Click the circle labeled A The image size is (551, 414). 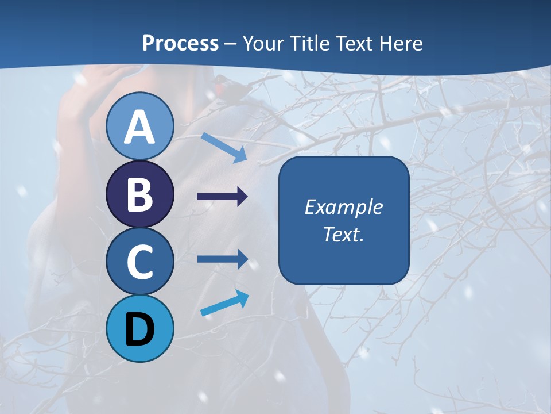(x=140, y=126)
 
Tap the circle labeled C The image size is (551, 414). (x=140, y=261)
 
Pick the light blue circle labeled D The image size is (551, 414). (x=140, y=328)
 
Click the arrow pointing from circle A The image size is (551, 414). (x=224, y=147)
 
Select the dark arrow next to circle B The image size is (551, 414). (x=222, y=197)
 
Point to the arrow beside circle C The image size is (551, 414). (x=222, y=259)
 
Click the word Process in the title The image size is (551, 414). (x=180, y=43)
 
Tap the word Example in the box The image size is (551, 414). (x=343, y=207)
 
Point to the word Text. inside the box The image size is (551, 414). (x=343, y=234)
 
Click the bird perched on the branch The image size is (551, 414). (x=227, y=85)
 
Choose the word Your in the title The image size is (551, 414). (x=263, y=43)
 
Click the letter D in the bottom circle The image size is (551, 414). (x=140, y=329)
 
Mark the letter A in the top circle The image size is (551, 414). (x=140, y=127)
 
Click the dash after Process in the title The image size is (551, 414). (x=231, y=44)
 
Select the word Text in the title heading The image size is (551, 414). (x=353, y=43)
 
